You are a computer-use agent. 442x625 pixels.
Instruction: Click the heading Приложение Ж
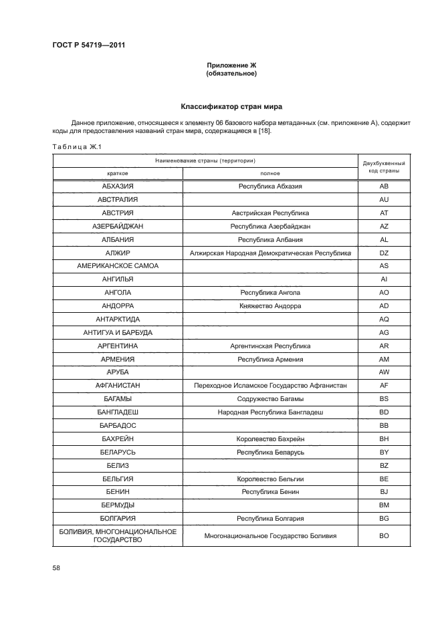coord(231,65)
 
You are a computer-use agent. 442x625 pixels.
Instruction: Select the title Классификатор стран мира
coord(231,106)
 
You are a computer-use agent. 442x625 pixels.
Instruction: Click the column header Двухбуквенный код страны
coord(383,167)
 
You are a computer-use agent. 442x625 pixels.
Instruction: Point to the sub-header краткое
coord(118,172)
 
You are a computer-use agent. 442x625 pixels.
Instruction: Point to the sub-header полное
coord(270,172)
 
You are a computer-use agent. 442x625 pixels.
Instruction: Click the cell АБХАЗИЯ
coord(118,186)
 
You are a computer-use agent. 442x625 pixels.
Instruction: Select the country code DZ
coord(383,253)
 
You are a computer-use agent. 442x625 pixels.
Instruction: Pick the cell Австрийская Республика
coord(270,213)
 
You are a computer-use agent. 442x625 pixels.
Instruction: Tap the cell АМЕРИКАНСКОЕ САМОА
coord(118,266)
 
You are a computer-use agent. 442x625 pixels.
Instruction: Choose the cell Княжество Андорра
coord(270,306)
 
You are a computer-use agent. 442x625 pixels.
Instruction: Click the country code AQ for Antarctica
coord(383,320)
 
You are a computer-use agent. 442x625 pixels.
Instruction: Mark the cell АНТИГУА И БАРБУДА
coord(118,333)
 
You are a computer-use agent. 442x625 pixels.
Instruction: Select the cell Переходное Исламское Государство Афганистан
coord(270,386)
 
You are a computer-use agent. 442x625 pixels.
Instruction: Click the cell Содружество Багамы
coord(270,399)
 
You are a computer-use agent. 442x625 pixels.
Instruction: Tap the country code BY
coord(383,453)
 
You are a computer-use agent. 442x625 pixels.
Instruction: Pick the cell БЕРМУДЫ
coord(118,505)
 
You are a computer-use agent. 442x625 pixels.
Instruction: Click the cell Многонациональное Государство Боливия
coord(270,536)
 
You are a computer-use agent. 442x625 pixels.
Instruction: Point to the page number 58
coord(56,568)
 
